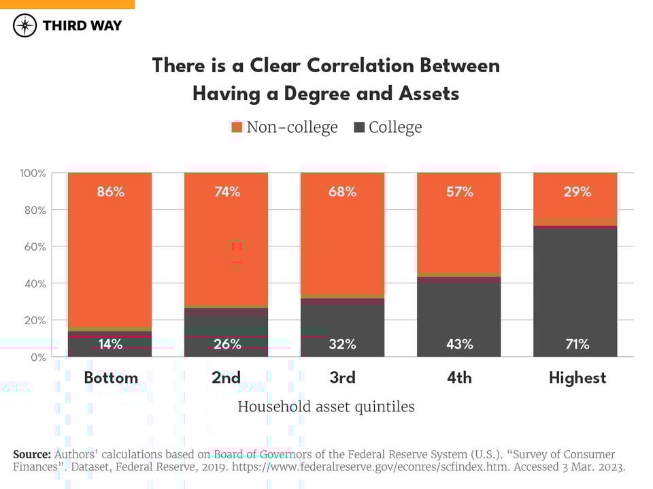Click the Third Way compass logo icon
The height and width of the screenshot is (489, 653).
25,26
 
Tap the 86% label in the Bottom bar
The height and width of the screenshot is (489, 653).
110,191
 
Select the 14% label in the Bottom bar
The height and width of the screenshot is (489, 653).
110,344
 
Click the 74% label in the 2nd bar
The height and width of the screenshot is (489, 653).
227,191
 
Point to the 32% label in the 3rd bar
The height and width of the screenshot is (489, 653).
343,344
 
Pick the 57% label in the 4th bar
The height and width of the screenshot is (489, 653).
459,191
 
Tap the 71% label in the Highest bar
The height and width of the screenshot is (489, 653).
577,344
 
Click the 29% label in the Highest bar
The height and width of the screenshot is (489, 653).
577,191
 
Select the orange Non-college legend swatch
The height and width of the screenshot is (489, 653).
237,127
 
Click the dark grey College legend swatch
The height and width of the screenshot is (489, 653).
359,127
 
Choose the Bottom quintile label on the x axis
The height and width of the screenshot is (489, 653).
111,378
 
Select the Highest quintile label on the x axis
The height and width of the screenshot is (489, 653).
577,378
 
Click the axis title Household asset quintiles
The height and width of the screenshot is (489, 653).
326,407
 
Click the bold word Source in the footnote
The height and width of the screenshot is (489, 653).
31,454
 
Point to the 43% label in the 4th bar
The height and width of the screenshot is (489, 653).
459,344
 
